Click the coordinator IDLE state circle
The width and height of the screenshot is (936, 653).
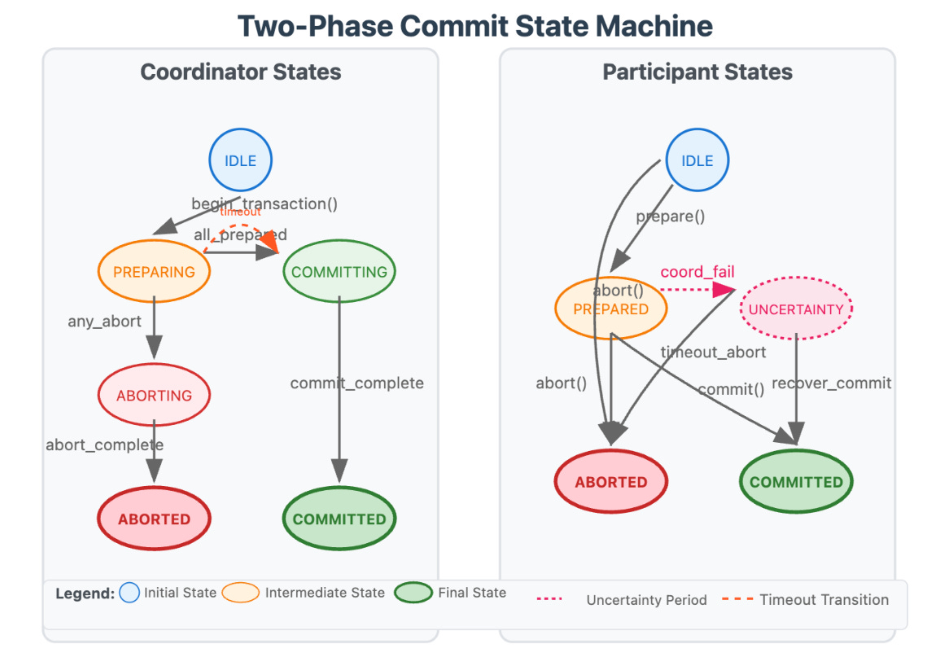240,160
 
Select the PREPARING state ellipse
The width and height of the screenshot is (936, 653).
154,272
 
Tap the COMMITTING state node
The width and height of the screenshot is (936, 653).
339,272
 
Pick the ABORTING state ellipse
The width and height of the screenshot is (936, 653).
154,396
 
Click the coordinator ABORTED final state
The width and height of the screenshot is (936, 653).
154,519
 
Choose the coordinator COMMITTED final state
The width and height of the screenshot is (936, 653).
339,519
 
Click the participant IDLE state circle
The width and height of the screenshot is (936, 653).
698,160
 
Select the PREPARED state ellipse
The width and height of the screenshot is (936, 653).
610,309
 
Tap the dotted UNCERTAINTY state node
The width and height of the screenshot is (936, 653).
796,309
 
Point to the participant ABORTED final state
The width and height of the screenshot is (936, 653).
610,481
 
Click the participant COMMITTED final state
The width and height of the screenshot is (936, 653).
796,481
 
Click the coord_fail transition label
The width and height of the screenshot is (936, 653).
698,271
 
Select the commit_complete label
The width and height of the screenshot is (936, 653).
356,383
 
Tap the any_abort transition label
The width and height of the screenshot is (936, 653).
104,322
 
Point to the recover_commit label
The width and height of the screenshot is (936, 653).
831,383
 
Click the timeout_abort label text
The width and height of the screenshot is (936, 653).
713,352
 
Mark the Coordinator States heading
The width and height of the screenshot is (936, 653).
240,72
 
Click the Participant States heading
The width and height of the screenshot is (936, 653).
698,72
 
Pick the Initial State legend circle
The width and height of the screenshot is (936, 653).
129,592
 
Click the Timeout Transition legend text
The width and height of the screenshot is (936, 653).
824,599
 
